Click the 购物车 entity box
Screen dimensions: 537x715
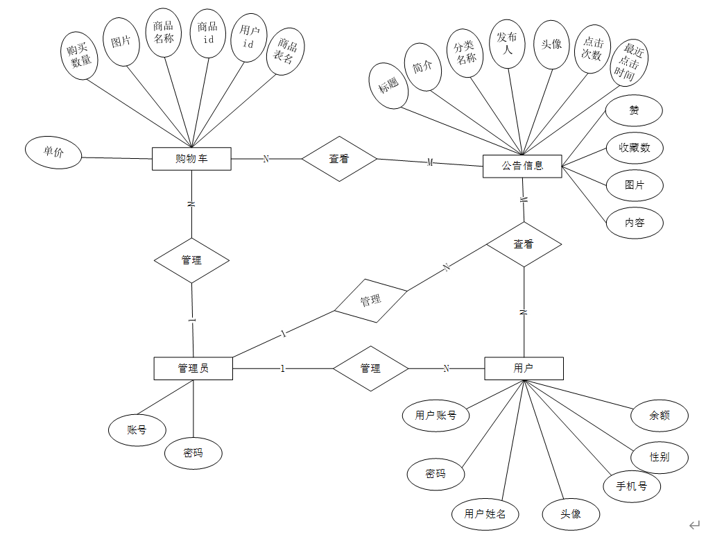click(x=191, y=159)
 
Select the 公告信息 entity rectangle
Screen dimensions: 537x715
click(x=522, y=166)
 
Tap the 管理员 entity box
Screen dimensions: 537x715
click(x=193, y=368)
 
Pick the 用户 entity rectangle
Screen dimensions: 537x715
click(x=524, y=368)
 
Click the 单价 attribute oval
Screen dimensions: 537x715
click(x=53, y=153)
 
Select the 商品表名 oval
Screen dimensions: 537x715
click(x=285, y=52)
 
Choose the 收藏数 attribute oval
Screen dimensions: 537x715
click(x=634, y=148)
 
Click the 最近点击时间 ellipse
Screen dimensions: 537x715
click(x=629, y=63)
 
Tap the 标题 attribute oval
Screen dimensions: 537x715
click(x=389, y=85)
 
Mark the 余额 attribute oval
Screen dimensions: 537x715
click(x=659, y=416)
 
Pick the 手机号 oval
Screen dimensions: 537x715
click(x=632, y=486)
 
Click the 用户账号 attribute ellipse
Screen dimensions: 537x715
click(x=436, y=416)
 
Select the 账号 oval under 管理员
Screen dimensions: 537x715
click(x=137, y=429)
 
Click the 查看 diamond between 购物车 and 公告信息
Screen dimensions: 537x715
click(x=339, y=159)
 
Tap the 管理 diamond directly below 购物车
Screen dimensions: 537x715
click(x=191, y=260)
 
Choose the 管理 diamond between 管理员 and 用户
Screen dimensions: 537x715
click(x=370, y=368)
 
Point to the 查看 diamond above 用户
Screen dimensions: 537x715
click(x=524, y=244)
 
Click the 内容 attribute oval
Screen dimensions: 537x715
click(x=635, y=223)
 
